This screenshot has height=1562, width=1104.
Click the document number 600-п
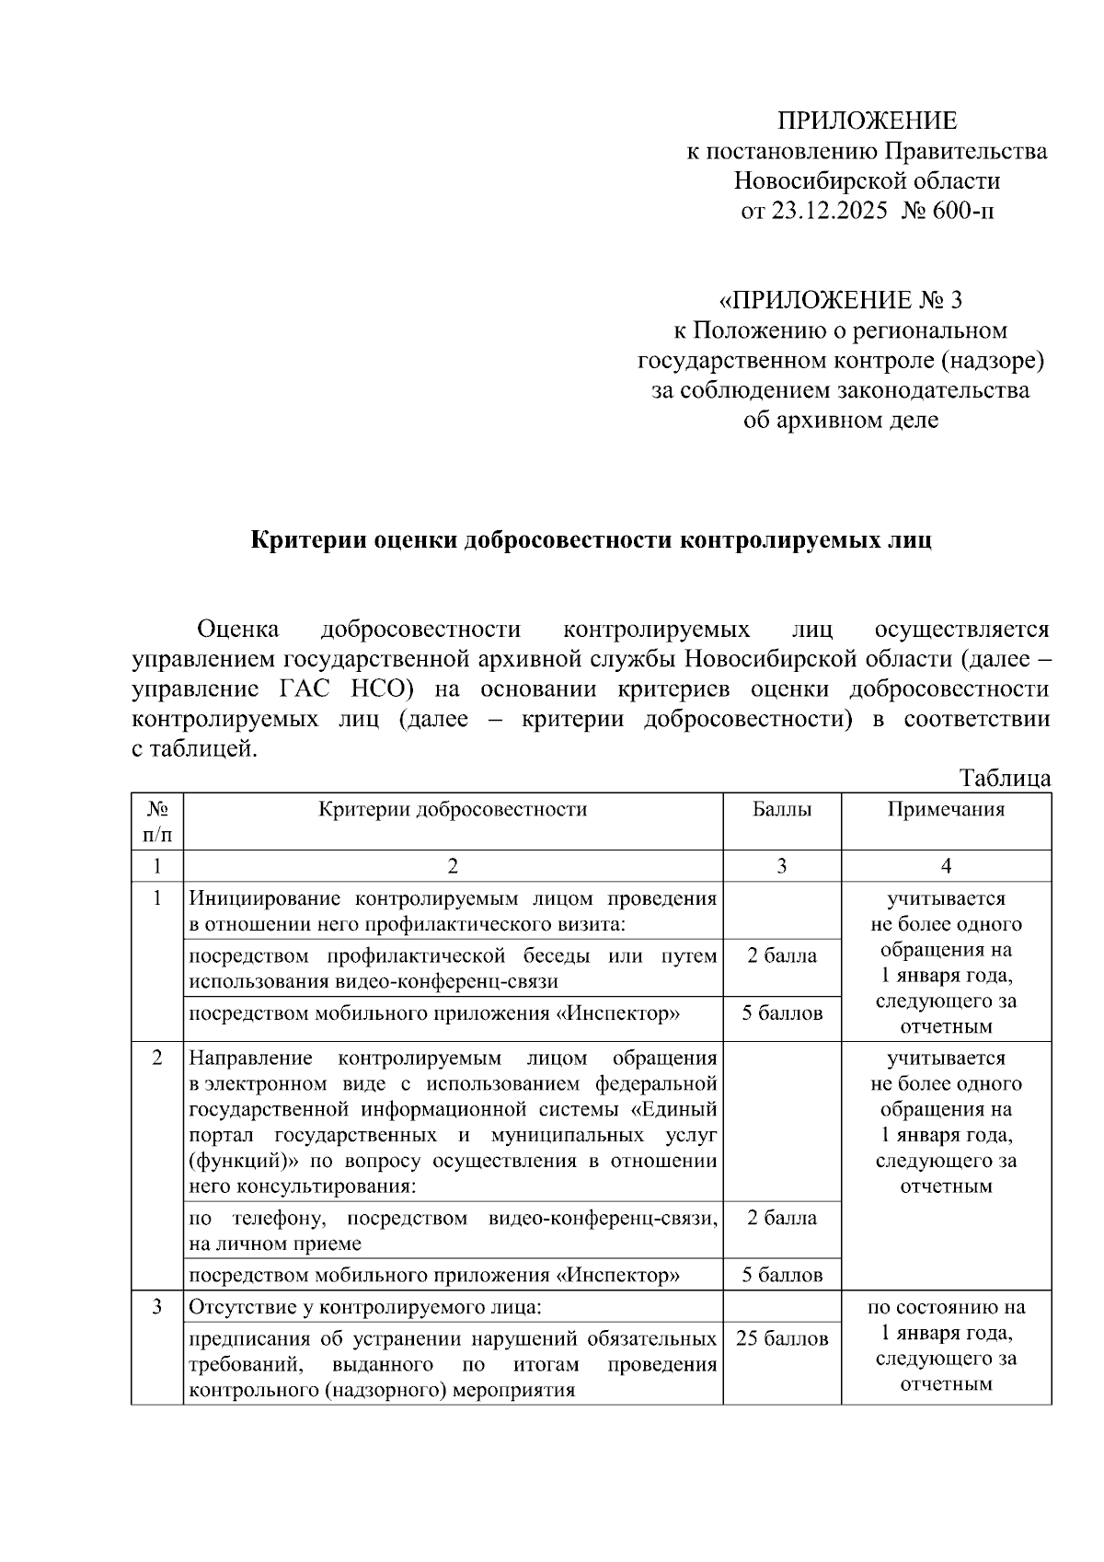(962, 211)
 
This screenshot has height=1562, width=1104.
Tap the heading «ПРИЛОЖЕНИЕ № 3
(840, 300)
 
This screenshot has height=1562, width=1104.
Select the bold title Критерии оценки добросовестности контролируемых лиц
(592, 540)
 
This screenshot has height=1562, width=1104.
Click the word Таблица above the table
(1005, 778)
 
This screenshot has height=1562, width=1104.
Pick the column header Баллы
(782, 809)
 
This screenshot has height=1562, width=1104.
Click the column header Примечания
(946, 809)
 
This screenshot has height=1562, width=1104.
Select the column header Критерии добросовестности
(453, 809)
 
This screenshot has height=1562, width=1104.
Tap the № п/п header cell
(157, 821)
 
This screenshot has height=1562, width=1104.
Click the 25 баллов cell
(782, 1338)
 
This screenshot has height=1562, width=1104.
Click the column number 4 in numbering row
(946, 865)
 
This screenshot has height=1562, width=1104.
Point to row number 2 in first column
(157, 1058)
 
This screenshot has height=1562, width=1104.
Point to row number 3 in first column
(157, 1306)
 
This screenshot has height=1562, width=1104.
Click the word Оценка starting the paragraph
(238, 630)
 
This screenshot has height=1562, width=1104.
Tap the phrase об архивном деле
(841, 421)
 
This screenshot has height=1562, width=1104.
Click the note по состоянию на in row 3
(946, 1307)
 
